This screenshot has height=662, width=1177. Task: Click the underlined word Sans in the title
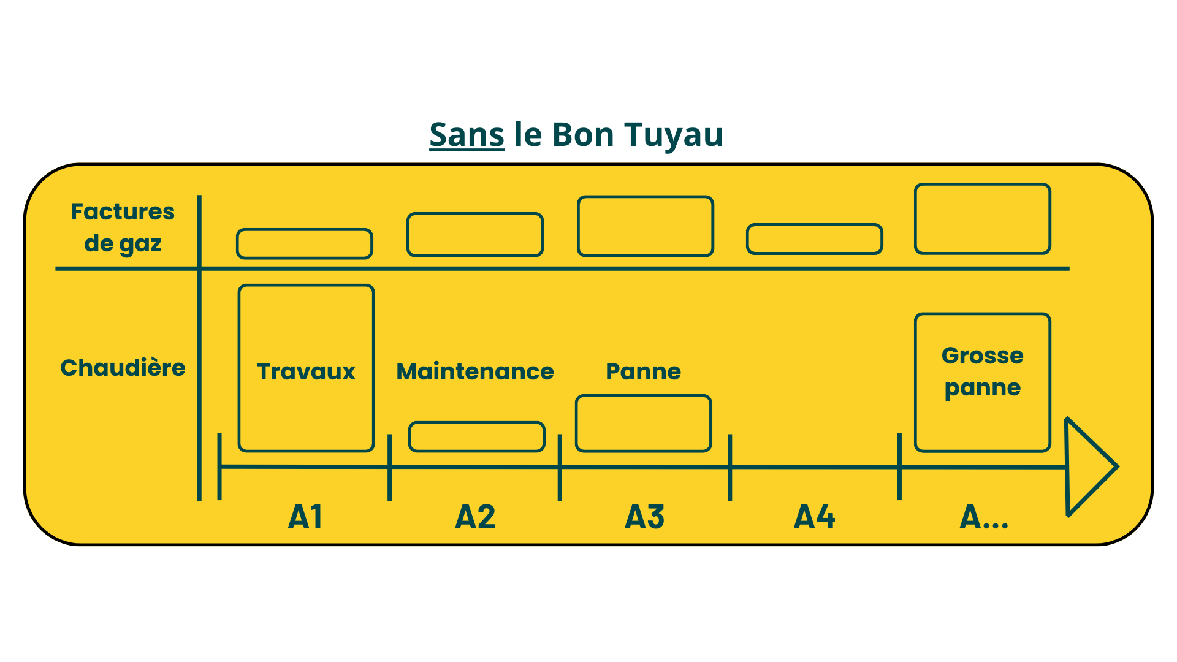(467, 135)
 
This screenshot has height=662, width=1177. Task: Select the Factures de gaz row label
(123, 227)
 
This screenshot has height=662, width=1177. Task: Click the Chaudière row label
(123, 368)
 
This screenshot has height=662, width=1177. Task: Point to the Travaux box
(306, 368)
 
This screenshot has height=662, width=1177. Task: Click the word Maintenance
(475, 371)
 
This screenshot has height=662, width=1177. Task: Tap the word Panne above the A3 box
(643, 371)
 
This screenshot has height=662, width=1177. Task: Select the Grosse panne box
(982, 382)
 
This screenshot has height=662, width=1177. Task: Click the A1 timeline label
(305, 517)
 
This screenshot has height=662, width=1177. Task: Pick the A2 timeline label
(475, 517)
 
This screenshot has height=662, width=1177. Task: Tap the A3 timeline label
(644, 517)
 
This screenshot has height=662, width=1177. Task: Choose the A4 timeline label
(814, 517)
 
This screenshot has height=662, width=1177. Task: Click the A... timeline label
(983, 517)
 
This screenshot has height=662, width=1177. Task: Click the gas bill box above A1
(305, 243)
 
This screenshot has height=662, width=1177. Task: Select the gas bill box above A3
(646, 226)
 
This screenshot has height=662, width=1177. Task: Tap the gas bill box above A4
(815, 239)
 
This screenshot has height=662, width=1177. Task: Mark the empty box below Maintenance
(477, 436)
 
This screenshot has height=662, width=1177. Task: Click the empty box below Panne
(644, 424)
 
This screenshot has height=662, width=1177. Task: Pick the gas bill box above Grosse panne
(983, 219)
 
